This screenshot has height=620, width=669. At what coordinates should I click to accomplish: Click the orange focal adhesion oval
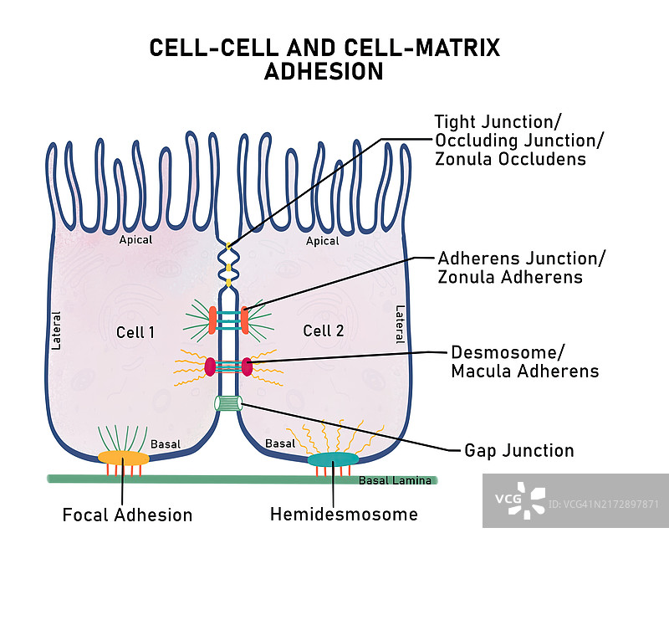point(124,458)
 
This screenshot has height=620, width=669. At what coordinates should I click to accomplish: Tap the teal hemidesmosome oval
point(333,459)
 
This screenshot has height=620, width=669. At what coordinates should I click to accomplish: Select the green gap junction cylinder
point(228,403)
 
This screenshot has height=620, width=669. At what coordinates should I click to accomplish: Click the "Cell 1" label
point(135,332)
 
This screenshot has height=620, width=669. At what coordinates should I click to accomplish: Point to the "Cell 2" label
point(324,330)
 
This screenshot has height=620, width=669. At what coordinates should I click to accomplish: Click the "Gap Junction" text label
point(518,451)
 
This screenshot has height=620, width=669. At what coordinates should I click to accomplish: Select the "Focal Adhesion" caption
point(127,515)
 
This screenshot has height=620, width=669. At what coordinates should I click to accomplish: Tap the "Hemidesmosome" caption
point(344,514)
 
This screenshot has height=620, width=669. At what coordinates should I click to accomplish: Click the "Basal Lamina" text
point(395,480)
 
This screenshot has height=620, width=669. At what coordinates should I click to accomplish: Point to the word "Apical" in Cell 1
point(135,240)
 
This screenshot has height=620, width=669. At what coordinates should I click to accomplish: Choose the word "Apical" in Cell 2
point(322,241)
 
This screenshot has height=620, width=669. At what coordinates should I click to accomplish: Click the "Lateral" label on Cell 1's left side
point(57,330)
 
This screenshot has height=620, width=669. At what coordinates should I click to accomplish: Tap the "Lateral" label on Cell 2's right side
point(400,324)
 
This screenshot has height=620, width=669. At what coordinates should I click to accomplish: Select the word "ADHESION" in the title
point(324,72)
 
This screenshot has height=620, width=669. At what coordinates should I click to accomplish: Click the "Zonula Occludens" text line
point(510,159)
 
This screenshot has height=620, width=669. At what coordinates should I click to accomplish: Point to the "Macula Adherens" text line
point(524,371)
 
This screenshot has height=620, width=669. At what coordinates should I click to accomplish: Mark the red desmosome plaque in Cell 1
point(210,366)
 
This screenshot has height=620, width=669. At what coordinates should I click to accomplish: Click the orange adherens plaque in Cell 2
point(245,319)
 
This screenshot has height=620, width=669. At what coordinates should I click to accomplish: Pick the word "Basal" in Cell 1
point(165,443)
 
